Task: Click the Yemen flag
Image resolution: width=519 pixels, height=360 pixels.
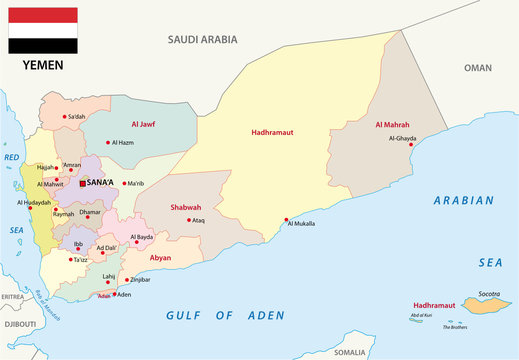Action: tap(43, 30)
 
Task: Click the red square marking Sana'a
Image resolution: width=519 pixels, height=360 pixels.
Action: tap(83, 183)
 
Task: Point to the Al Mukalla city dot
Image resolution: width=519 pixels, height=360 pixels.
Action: tap(286, 220)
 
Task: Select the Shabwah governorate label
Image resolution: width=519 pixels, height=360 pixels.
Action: tap(186, 208)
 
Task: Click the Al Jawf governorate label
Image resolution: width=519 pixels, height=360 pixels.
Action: tap(143, 125)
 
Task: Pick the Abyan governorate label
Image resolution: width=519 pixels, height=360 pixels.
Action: tap(159, 257)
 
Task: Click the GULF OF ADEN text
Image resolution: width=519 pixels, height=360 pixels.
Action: tap(224, 316)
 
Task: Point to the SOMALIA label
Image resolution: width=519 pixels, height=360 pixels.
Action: tap(350, 352)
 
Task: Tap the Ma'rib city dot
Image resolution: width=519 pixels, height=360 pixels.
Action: tap(123, 183)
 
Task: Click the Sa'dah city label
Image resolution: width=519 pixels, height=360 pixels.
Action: tap(77, 118)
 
